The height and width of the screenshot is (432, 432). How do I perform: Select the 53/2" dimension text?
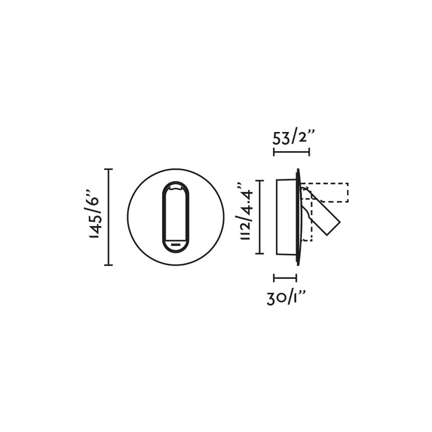coord(293,137)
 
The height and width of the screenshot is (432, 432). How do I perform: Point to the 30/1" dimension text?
coord(286,298)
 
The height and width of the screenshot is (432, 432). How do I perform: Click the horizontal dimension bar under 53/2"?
coord(291,152)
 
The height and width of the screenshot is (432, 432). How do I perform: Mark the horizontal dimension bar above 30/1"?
coord(285,278)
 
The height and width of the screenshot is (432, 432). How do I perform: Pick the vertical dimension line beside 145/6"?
coord(109,217)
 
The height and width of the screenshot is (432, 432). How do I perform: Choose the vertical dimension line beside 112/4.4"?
coord(259,217)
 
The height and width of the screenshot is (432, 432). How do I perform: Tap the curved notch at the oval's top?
coord(175,188)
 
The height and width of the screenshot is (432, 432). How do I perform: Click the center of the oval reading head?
coord(175,217)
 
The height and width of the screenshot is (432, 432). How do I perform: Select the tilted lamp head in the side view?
coord(322,213)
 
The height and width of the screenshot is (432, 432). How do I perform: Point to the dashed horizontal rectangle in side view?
coord(327,192)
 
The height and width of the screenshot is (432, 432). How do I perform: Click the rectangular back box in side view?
coord(286,217)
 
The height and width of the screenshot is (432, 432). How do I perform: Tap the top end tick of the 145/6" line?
coord(109,169)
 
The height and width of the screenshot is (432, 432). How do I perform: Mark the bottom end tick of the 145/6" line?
coord(109,265)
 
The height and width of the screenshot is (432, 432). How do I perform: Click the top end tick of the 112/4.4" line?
coord(259,180)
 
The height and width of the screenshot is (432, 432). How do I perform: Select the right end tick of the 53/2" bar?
coord(309,152)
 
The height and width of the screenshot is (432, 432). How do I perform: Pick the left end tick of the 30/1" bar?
coord(274,278)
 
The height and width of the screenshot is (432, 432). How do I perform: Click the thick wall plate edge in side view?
coord(299,217)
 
